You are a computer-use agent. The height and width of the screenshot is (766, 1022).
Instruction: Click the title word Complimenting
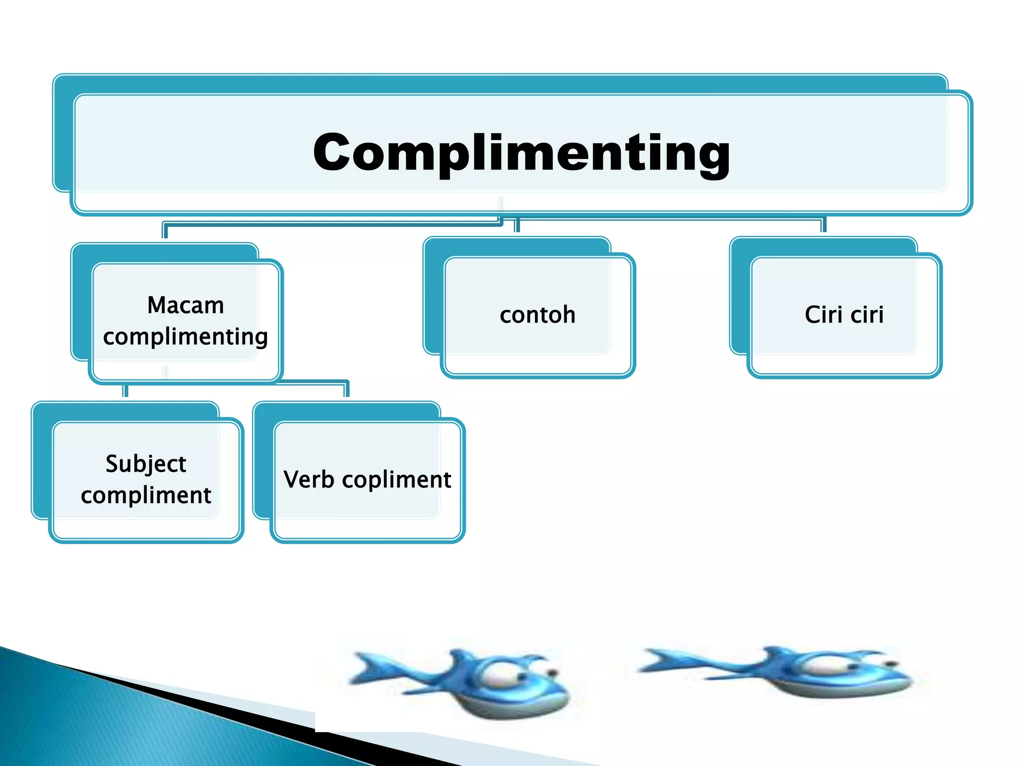pyautogui.click(x=521, y=153)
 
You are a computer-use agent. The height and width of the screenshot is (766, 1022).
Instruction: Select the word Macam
pyautogui.click(x=186, y=305)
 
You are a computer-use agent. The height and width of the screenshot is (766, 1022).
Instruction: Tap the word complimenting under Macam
pyautogui.click(x=186, y=337)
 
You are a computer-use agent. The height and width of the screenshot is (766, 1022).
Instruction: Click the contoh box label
pyautogui.click(x=537, y=315)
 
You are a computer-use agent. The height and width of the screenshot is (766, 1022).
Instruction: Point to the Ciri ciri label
pyautogui.click(x=844, y=315)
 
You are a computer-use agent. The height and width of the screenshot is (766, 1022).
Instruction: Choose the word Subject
pyautogui.click(x=146, y=464)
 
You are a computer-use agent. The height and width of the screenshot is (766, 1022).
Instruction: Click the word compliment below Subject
pyautogui.click(x=146, y=495)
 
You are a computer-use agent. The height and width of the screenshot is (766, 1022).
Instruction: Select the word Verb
pyautogui.click(x=309, y=480)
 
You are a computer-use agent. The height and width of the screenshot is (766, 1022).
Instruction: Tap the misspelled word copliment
pyautogui.click(x=397, y=480)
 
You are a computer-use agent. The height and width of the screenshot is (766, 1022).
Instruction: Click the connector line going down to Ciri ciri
pyautogui.click(x=823, y=225)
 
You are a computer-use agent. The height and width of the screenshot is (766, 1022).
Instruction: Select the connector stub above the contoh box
pyautogui.click(x=517, y=225)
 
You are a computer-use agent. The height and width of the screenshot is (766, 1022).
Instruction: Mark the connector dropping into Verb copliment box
pyautogui.click(x=346, y=389)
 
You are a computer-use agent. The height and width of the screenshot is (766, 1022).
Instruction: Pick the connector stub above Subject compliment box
pyautogui.click(x=126, y=390)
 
